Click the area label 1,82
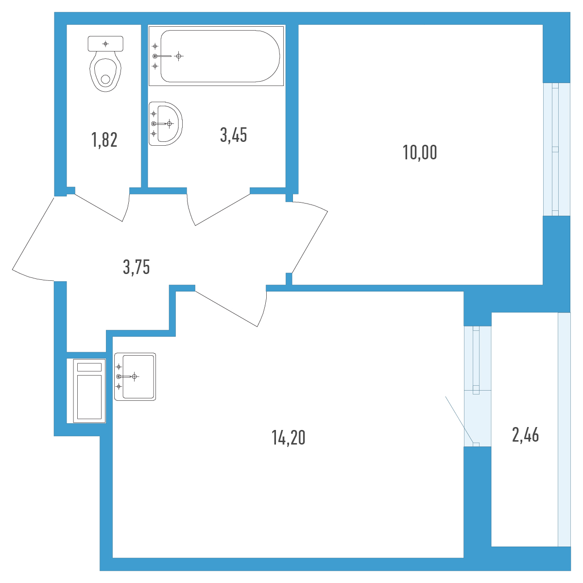[x=104, y=140]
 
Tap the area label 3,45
[x=234, y=135]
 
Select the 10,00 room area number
[x=420, y=152]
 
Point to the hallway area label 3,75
[x=137, y=267]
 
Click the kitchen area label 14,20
[x=288, y=438]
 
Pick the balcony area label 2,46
[x=526, y=435]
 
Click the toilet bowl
[x=105, y=71]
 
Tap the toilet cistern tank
[x=105, y=44]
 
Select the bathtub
[x=216, y=56]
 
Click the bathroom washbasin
[x=166, y=124]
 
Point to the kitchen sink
[x=135, y=377]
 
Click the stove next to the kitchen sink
[x=89, y=391]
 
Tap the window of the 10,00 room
[x=557, y=149]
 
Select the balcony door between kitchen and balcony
[x=478, y=386]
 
